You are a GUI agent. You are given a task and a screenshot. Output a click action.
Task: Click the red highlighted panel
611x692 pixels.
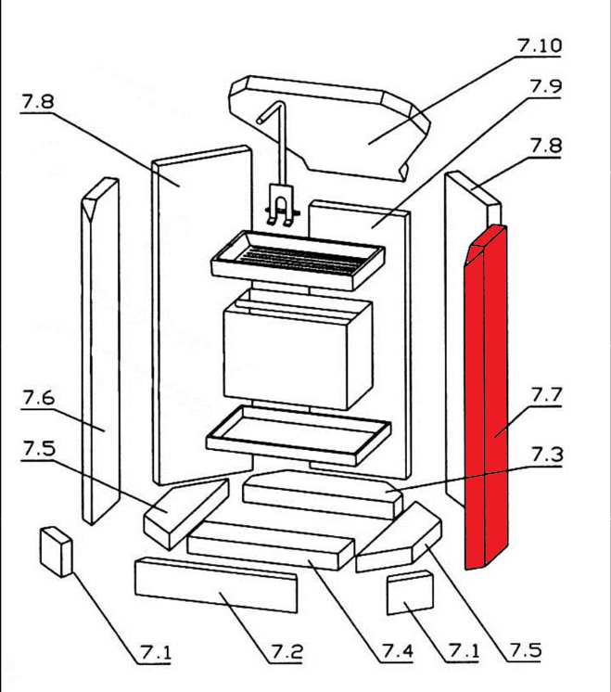pyautogui.click(x=487, y=399)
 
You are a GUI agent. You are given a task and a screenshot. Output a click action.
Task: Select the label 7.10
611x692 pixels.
pyautogui.click(x=539, y=45)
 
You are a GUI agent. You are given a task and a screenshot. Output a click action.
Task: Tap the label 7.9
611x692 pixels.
pyautogui.click(x=545, y=86)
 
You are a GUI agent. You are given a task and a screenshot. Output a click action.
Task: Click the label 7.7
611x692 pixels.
pyautogui.click(x=546, y=394)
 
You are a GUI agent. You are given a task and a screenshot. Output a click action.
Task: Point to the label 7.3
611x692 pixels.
pyautogui.click(x=546, y=454)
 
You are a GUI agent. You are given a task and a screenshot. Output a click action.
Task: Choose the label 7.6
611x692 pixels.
pyautogui.click(x=37, y=398)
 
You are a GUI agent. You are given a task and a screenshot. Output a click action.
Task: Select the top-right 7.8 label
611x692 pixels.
pyautogui.click(x=545, y=146)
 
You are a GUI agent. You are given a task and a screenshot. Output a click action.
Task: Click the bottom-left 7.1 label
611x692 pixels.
pyautogui.click(x=156, y=652)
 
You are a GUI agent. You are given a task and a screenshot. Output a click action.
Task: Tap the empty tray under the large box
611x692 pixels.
pyautogui.click(x=297, y=433)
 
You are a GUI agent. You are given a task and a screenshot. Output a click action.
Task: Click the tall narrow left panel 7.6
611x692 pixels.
pyautogui.click(x=99, y=352)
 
